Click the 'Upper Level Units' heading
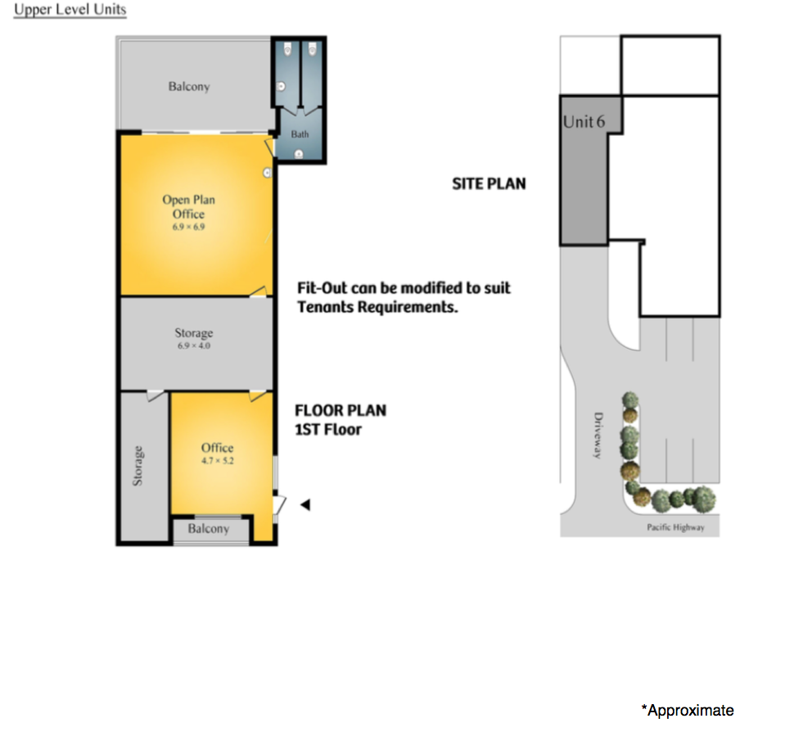(x=70, y=10)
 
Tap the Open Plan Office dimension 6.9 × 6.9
(x=188, y=227)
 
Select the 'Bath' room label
(x=300, y=134)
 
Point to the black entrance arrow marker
(x=305, y=504)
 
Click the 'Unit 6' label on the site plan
(x=584, y=121)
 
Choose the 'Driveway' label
(x=598, y=436)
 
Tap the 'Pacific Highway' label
(x=675, y=527)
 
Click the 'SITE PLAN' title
(x=489, y=183)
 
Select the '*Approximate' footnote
(x=688, y=710)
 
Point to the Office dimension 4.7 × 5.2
(x=217, y=461)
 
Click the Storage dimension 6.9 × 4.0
(x=193, y=346)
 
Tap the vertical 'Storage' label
(x=138, y=466)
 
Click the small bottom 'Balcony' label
(x=209, y=529)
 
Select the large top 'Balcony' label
(x=189, y=87)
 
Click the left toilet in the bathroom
(x=287, y=49)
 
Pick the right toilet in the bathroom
(x=312, y=49)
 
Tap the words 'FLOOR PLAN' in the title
(x=341, y=410)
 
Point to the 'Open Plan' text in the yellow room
(x=188, y=200)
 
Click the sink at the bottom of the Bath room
(x=299, y=154)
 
